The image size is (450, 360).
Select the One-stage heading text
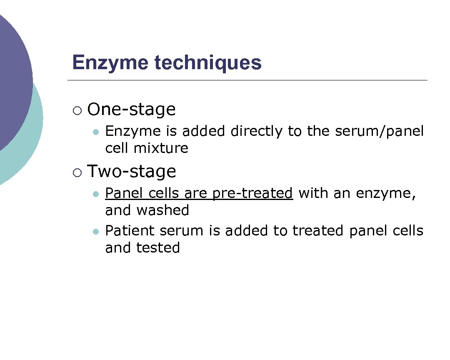pyautogui.click(x=131, y=110)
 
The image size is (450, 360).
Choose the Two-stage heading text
pyautogui.click(x=131, y=172)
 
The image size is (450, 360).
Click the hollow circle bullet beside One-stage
pyautogui.click(x=77, y=110)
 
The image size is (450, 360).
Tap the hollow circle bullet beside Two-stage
pyautogui.click(x=77, y=172)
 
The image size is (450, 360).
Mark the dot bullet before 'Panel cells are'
pyautogui.click(x=96, y=194)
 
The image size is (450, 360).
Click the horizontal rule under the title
pyautogui.click(x=247, y=80)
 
